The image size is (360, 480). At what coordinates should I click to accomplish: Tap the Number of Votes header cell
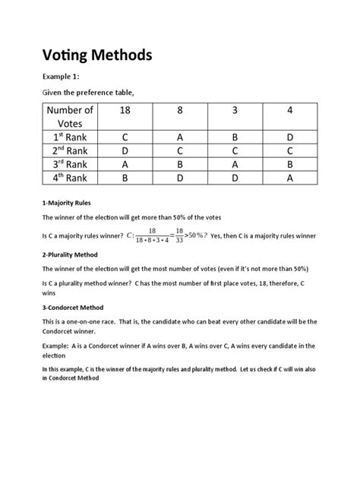click(71, 118)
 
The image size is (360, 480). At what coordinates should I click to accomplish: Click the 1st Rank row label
click(71, 138)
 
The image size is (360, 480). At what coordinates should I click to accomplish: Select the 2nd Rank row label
click(71, 152)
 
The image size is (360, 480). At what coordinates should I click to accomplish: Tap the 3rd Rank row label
click(71, 166)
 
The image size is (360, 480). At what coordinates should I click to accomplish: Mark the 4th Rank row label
click(71, 180)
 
